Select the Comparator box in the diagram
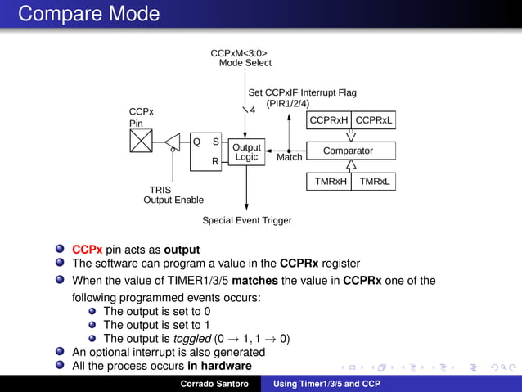pos(348,151)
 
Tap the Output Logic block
pos(246,152)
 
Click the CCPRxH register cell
pos(329,121)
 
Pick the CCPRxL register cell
pos(374,121)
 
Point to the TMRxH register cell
pos(330,181)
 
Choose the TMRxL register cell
pos(374,181)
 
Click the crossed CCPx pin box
pos(141,142)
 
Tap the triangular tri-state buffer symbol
pos(173,142)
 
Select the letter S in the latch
pos(216,141)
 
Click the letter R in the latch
pos(215,162)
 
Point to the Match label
pos(289,157)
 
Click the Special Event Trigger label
pos(246,220)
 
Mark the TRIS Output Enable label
pos(173,195)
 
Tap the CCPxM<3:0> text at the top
pos(239,54)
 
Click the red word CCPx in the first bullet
pos(87,250)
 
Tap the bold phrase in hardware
pos(219,366)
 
